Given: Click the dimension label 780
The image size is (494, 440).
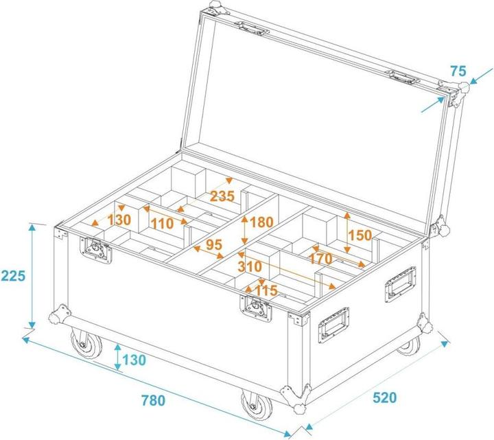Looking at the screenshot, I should pyautogui.click(x=152, y=400).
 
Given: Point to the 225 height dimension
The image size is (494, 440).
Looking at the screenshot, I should pyautogui.click(x=13, y=276).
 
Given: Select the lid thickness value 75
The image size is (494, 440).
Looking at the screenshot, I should pyautogui.click(x=458, y=71).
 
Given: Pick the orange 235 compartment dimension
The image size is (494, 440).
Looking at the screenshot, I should pyautogui.click(x=222, y=196).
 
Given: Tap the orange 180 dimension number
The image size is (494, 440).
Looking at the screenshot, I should pyautogui.click(x=262, y=222).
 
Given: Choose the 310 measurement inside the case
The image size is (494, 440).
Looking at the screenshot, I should pyautogui.click(x=250, y=265).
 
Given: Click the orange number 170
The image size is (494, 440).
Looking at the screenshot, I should pyautogui.click(x=321, y=259).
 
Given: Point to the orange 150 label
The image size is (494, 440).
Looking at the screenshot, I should pyautogui.click(x=360, y=235).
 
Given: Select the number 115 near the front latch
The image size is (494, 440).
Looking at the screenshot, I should pyautogui.click(x=266, y=290).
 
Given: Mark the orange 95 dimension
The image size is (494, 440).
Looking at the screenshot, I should pyautogui.click(x=213, y=244).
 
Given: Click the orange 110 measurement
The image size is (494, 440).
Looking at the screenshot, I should pyautogui.click(x=162, y=224).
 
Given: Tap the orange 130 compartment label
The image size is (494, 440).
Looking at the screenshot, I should pyautogui.click(x=119, y=220).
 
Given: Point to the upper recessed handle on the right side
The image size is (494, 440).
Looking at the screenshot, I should pyautogui.click(x=399, y=283).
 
